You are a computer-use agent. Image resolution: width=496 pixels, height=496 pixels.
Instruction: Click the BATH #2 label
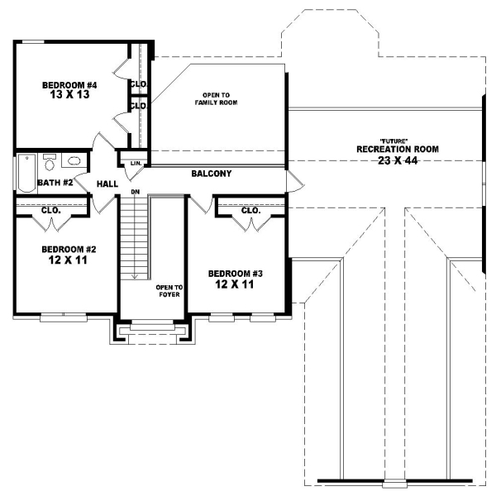coord(58,183)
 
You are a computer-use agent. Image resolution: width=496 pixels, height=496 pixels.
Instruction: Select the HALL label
coord(107,184)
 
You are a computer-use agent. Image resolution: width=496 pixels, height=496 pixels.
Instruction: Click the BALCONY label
coord(211,174)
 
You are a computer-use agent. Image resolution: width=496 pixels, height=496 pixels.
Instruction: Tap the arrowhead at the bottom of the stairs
coord(133,279)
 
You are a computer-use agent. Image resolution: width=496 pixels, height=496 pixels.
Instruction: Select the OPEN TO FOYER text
coord(169,291)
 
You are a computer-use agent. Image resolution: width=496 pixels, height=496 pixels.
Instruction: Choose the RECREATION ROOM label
coord(398,149)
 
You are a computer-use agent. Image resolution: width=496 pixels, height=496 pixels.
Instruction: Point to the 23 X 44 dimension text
coord(398,160)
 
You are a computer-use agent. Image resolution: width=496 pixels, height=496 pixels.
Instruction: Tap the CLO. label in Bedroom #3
coord(250,211)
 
